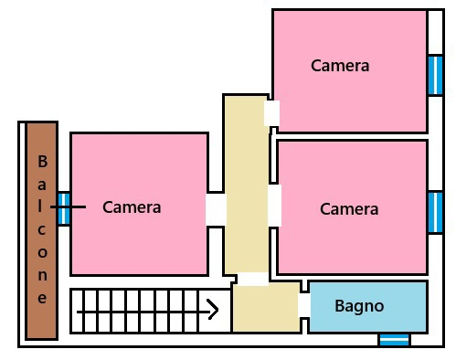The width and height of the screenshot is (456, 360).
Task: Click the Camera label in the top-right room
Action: point(340,66)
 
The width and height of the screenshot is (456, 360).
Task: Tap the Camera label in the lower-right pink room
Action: point(349,209)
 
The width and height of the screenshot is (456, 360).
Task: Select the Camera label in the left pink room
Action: point(132,207)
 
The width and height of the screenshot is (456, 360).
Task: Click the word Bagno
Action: point(359,306)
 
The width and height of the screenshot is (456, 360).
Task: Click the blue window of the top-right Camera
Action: point(436,75)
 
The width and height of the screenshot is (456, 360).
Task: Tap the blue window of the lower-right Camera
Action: point(436,211)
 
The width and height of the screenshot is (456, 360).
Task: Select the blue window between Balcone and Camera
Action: point(64,208)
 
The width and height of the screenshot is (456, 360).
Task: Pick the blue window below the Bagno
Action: point(394,339)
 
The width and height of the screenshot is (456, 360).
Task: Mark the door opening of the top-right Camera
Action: point(271,113)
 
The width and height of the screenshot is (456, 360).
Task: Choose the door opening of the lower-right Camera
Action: point(274,206)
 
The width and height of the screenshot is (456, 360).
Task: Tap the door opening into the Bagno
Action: point(304,305)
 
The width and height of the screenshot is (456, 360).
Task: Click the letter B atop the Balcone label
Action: point(42,162)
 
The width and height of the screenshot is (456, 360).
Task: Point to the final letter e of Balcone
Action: point(42,297)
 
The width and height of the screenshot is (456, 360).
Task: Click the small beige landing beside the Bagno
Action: point(265,308)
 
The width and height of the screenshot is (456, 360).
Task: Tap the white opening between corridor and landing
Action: point(253,279)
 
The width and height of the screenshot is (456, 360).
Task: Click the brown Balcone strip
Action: point(42,230)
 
